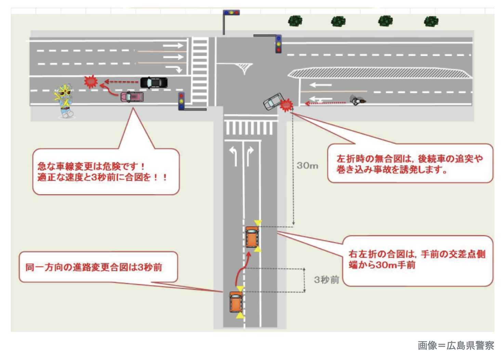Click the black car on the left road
click(x=154, y=82)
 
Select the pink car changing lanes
click(x=132, y=97)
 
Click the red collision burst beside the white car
click(x=286, y=105)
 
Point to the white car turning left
click(x=273, y=101)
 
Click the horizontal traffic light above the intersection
click(x=231, y=13)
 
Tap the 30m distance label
click(x=307, y=166)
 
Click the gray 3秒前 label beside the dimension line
click(x=327, y=280)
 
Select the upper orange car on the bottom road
click(x=252, y=236)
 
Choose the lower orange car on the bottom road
click(x=236, y=302)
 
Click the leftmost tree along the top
click(x=295, y=21)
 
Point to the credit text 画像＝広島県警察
click(x=455, y=346)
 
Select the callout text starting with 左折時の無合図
click(x=410, y=164)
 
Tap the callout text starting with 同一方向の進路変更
click(x=94, y=267)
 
